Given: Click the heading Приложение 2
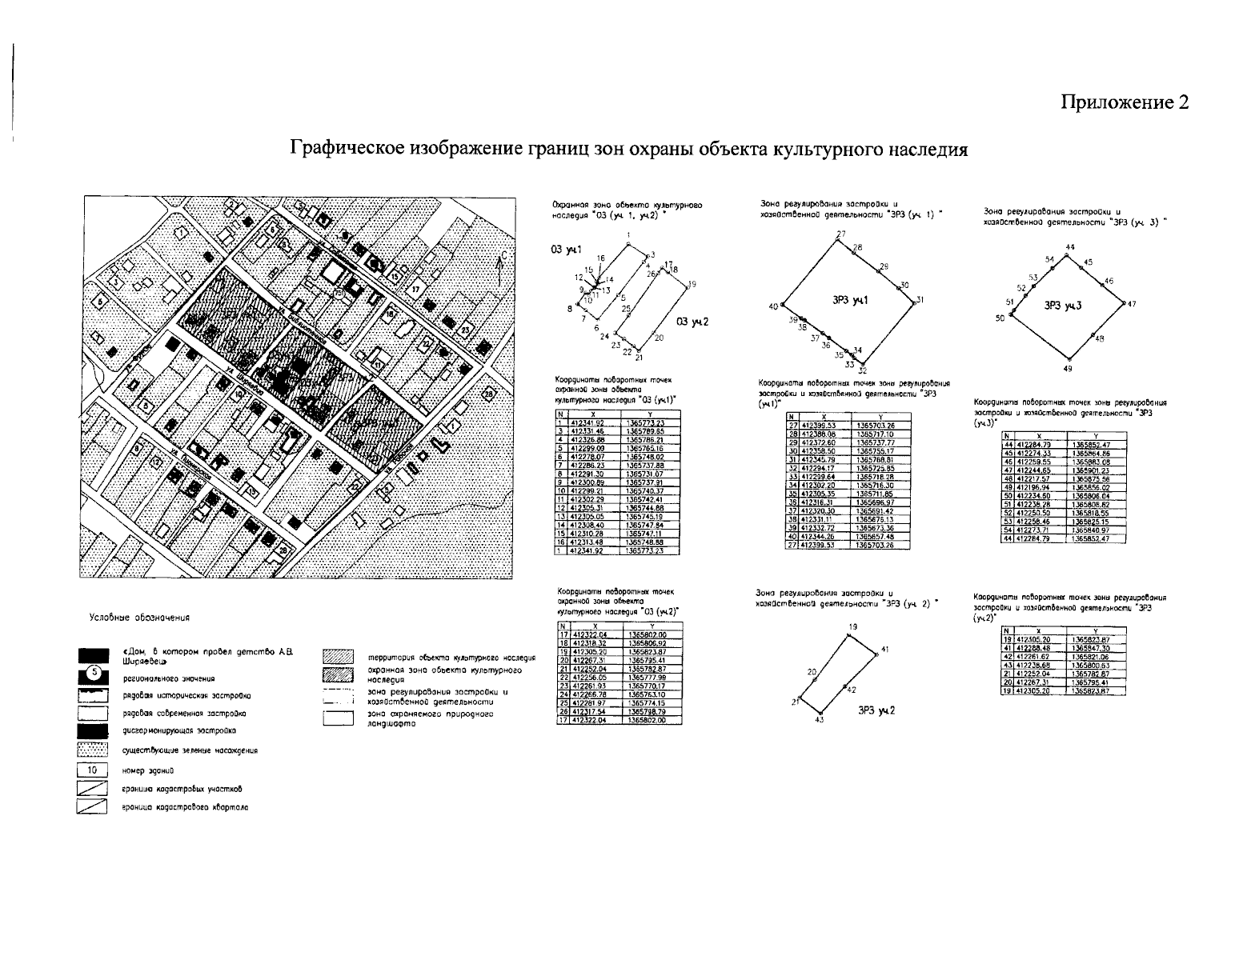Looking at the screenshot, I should [1125, 102].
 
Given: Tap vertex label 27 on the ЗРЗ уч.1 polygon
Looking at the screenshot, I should [841, 234].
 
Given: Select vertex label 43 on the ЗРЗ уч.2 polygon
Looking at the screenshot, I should [819, 721].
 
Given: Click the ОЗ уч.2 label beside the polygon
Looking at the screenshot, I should [693, 322].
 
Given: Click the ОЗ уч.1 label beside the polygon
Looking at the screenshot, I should [565, 250].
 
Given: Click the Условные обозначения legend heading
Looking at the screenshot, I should [139, 617].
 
